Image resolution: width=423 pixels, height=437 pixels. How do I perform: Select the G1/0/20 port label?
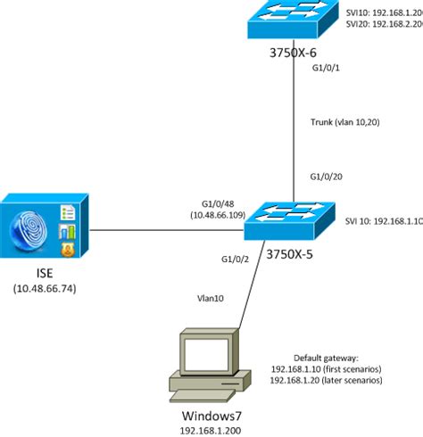pyautogui.click(x=327, y=176)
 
